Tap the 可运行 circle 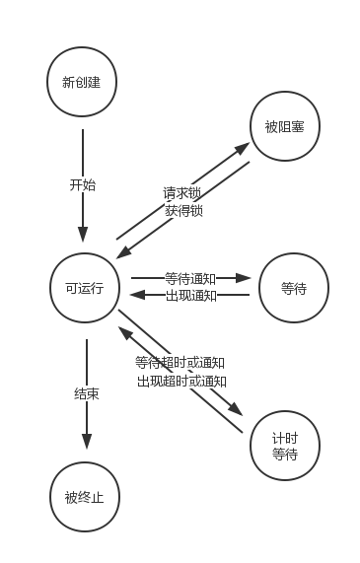click(85, 288)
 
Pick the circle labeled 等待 click(294, 288)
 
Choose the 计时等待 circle click(285, 446)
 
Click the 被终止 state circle click(84, 496)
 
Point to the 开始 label click(83, 184)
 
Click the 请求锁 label click(182, 192)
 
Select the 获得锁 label click(183, 210)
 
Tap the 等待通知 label click(190, 279)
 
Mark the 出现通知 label click(190, 296)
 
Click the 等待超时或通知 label click(180, 362)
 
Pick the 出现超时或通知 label click(181, 381)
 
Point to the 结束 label click(86, 393)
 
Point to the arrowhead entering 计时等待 click(237, 411)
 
